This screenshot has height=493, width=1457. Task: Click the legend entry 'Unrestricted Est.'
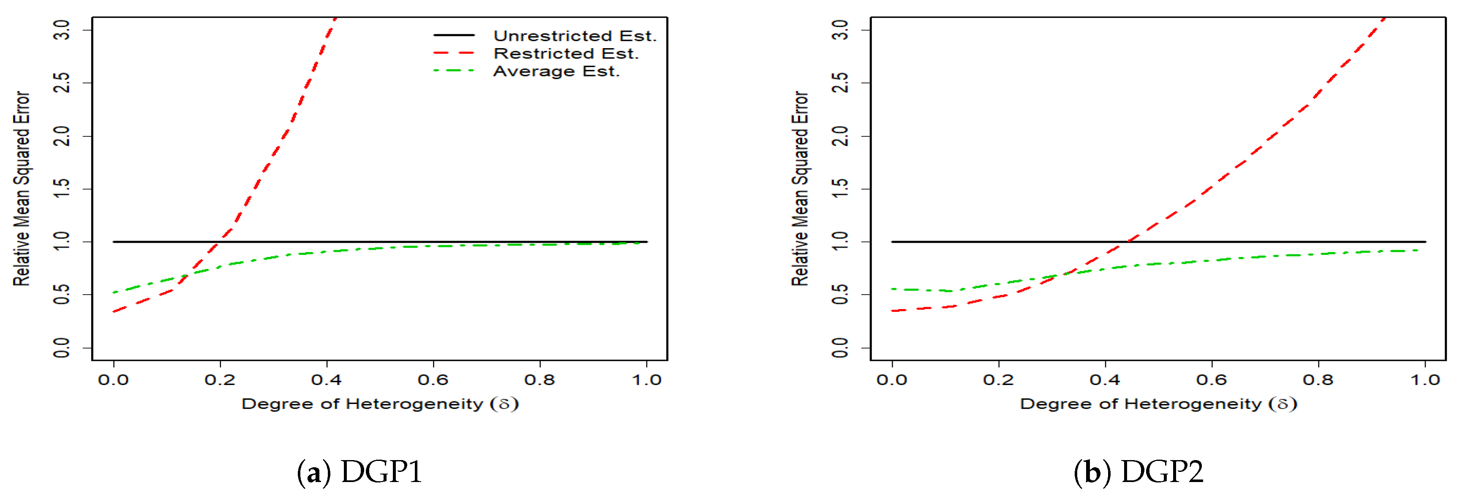(x=574, y=35)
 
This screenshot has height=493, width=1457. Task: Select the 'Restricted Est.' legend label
(x=566, y=54)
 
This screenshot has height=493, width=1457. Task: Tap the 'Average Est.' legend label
(x=556, y=71)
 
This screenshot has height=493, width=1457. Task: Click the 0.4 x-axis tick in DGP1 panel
(x=327, y=379)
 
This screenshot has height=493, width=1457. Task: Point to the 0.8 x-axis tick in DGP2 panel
(x=1318, y=379)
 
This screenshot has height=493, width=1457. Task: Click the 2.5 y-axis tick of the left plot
(x=62, y=83)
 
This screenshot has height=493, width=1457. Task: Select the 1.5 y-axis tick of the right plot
(x=841, y=189)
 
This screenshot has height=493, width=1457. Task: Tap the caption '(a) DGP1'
(x=360, y=471)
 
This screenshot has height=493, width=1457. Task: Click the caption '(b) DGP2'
(x=1138, y=471)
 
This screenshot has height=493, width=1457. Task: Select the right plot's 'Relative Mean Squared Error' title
(x=799, y=188)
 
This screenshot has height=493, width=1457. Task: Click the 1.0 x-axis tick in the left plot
(x=646, y=379)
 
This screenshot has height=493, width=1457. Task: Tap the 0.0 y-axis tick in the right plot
(x=841, y=347)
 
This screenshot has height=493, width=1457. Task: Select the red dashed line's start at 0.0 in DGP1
(x=114, y=312)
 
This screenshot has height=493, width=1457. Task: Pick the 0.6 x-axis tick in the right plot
(x=1212, y=379)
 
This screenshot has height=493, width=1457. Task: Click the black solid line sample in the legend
(x=454, y=35)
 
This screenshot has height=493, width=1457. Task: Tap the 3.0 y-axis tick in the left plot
(x=62, y=30)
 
